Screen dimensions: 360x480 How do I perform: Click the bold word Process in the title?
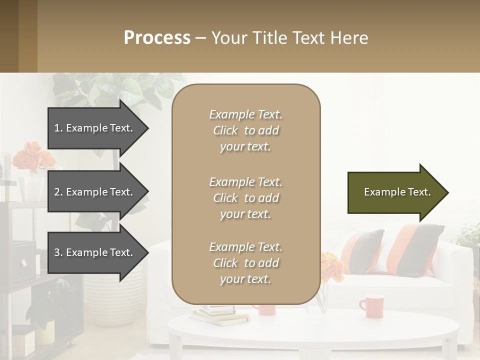[x=157, y=38]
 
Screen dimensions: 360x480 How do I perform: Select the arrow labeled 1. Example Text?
[x=95, y=128]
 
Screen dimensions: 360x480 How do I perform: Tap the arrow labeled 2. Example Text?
[x=95, y=192]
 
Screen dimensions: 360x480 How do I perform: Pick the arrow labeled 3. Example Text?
[x=95, y=252]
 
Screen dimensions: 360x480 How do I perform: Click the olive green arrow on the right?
[x=395, y=192]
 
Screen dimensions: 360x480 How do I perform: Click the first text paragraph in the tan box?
[x=245, y=130]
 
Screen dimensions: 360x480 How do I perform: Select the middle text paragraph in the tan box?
[x=245, y=198]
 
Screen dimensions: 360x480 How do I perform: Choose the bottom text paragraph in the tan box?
[x=245, y=263]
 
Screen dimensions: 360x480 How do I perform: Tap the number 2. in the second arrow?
[x=58, y=192]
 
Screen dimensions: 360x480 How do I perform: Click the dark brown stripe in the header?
[x=9, y=36]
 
